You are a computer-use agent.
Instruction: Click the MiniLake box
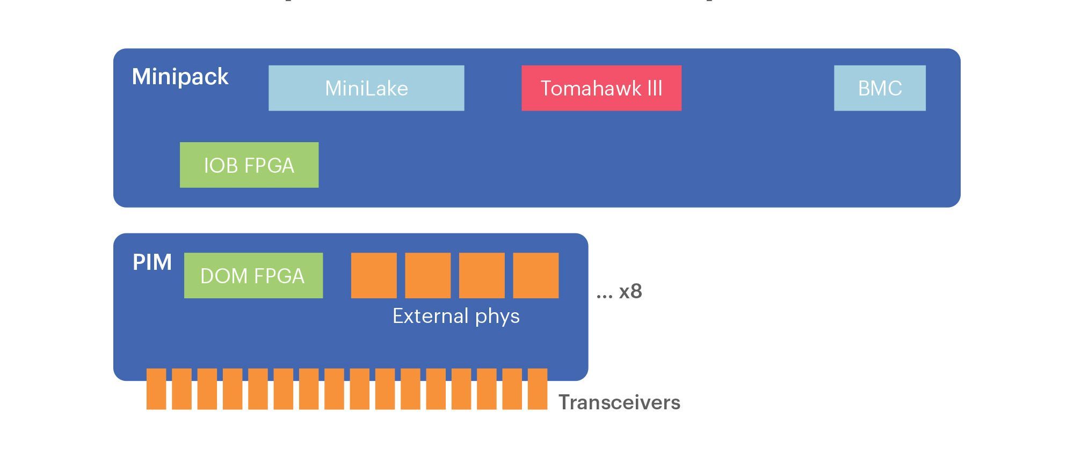pos(366,88)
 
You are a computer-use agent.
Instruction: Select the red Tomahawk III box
pos(601,88)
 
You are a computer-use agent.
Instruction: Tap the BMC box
pos(880,88)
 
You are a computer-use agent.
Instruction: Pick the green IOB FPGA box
pos(249,165)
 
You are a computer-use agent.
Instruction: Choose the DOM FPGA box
pos(253,275)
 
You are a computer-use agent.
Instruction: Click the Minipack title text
pos(180,77)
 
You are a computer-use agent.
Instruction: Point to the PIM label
pos(152,262)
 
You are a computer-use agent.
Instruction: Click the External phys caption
pos(456,316)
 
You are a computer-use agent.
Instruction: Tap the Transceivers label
pos(619,402)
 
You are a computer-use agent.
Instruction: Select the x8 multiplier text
pos(630,291)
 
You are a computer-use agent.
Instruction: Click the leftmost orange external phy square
pos(374,275)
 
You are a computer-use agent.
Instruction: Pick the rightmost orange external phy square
pos(535,275)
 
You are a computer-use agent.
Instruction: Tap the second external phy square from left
pos(427,275)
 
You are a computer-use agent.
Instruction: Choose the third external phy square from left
pos(482,275)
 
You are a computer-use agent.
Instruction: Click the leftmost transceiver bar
pos(156,389)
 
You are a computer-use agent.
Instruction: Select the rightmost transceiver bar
pos(538,389)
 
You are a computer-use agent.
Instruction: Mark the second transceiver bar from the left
pos(182,389)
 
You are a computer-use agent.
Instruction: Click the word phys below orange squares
pos(497,317)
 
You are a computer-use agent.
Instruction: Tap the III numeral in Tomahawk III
pos(655,88)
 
